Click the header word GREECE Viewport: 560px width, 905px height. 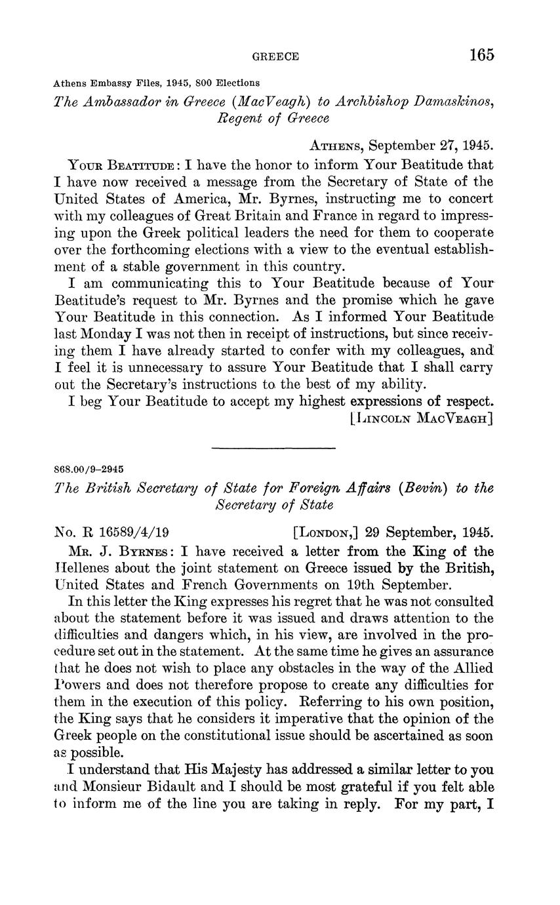click(275, 57)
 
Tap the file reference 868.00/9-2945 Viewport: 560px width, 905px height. click(89, 470)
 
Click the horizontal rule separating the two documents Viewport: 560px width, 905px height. click(273, 448)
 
